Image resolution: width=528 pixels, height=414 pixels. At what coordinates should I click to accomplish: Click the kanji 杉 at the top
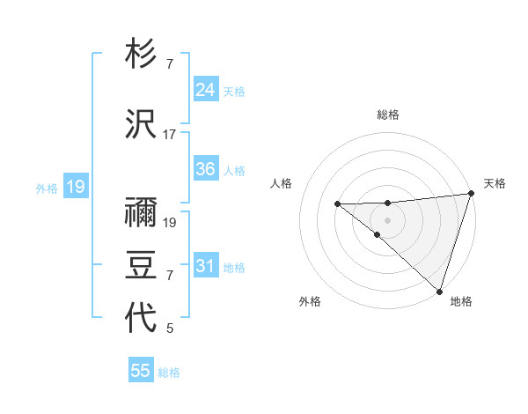pyautogui.click(x=141, y=55)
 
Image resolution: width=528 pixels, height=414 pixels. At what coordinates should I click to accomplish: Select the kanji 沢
pyautogui.click(x=141, y=123)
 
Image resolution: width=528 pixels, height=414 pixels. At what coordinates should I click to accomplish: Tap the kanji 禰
pyautogui.click(x=141, y=211)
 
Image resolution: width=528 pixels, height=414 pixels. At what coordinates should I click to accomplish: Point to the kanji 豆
pyautogui.click(x=141, y=264)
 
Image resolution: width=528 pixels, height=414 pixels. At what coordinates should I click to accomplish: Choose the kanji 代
pyautogui.click(x=141, y=317)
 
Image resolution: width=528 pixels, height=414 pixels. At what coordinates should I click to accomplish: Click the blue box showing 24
pyautogui.click(x=205, y=90)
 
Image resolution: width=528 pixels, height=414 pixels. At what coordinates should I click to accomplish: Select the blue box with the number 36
pyautogui.click(x=205, y=169)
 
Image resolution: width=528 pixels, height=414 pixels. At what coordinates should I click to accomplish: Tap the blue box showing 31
pyautogui.click(x=205, y=266)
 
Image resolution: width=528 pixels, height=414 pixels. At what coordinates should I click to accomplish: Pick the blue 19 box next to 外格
pyautogui.click(x=75, y=187)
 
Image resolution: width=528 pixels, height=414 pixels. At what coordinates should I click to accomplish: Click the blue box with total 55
pyautogui.click(x=141, y=371)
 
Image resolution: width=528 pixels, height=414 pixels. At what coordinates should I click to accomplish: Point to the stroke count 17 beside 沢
pyautogui.click(x=170, y=135)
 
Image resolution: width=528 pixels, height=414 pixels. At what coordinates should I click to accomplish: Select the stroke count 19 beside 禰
pyautogui.click(x=170, y=223)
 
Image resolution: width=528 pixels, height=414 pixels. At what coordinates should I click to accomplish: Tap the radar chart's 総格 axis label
pyautogui.click(x=388, y=115)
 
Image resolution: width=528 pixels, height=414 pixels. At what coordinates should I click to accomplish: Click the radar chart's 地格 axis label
pyautogui.click(x=461, y=302)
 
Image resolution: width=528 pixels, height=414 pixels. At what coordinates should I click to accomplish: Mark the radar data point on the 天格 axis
pyautogui.click(x=471, y=194)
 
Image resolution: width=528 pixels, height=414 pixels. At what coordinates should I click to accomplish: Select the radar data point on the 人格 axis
pyautogui.click(x=337, y=204)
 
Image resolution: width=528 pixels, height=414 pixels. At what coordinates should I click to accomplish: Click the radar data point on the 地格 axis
pyautogui.click(x=439, y=292)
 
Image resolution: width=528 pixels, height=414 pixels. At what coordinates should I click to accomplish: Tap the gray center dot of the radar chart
pyautogui.click(x=388, y=219)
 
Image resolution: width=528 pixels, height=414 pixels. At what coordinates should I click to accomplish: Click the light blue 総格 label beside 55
pyautogui.click(x=169, y=373)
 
